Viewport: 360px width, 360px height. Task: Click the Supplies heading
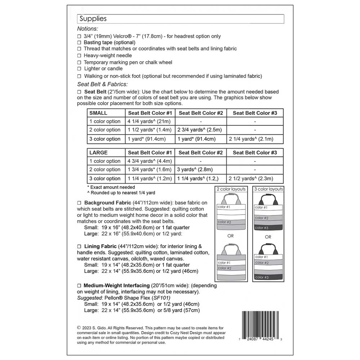93,19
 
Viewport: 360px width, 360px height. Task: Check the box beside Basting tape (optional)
79,42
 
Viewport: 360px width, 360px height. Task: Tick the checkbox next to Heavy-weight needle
79,56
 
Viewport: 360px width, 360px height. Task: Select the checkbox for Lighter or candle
79,69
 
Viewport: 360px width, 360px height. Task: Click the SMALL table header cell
98,113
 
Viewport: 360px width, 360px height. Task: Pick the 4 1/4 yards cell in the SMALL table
149,121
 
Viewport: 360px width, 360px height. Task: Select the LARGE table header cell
98,153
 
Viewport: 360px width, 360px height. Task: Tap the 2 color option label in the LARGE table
105,170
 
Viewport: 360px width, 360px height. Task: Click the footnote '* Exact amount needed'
112,187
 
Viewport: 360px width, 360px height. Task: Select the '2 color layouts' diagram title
231,189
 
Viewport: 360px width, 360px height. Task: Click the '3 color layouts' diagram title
268,189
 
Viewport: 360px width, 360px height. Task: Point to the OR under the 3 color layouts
268,237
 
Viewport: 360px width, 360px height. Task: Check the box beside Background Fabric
79,203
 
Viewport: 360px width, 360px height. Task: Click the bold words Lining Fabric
100,247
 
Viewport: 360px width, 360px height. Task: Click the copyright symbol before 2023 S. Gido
79,328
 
